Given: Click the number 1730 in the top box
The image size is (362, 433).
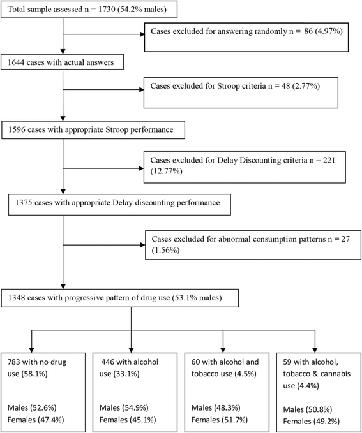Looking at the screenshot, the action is click(x=107, y=10).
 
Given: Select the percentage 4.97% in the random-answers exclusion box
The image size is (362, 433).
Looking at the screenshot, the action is click(x=329, y=31).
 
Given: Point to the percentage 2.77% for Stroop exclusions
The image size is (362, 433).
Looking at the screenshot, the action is click(x=306, y=86).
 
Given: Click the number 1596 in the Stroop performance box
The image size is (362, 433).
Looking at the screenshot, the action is click(x=17, y=130).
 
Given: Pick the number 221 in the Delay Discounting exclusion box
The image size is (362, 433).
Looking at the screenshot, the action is click(x=329, y=160).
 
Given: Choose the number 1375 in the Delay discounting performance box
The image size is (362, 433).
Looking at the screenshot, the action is click(x=24, y=203).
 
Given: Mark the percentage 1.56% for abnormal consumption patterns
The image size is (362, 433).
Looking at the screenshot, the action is click(x=165, y=250).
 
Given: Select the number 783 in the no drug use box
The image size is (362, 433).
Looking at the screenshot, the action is click(x=13, y=362).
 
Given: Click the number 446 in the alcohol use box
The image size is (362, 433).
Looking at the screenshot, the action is click(x=107, y=362).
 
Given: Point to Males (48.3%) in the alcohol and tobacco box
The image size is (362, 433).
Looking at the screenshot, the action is click(x=216, y=407).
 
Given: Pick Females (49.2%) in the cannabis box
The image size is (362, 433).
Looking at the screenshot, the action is click(x=312, y=421).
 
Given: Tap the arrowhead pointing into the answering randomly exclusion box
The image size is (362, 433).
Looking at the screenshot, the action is click(x=143, y=34).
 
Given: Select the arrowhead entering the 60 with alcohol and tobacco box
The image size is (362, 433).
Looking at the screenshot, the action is click(x=223, y=350).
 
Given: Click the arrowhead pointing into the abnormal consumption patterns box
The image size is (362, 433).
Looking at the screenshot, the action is click(x=143, y=245).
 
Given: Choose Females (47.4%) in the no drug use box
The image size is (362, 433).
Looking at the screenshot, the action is click(x=36, y=420).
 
